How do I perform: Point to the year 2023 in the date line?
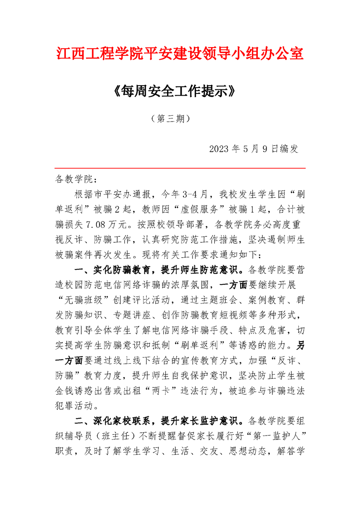tap(220, 149)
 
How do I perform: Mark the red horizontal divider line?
tap(180, 168)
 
